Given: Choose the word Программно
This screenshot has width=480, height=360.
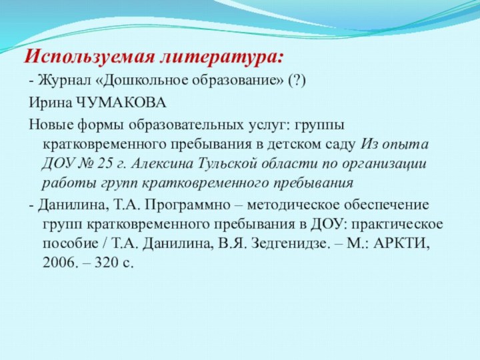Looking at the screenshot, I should (184, 204).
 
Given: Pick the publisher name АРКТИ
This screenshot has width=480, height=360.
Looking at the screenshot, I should (403, 243).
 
